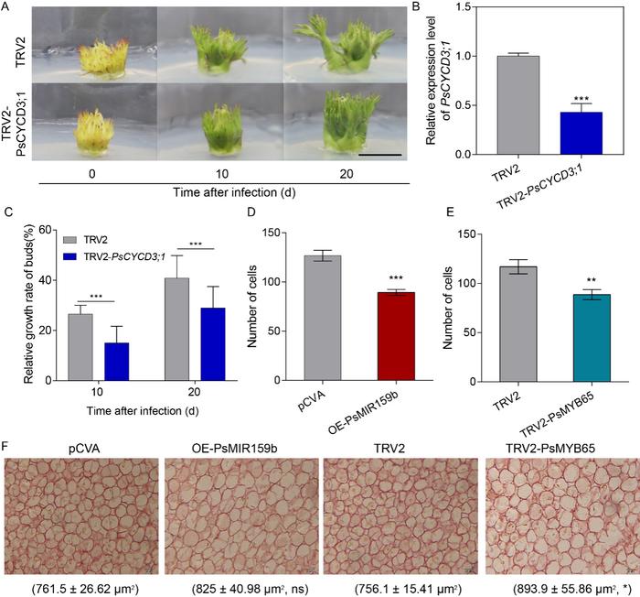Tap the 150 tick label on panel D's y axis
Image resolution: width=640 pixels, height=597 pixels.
point(293,233)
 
